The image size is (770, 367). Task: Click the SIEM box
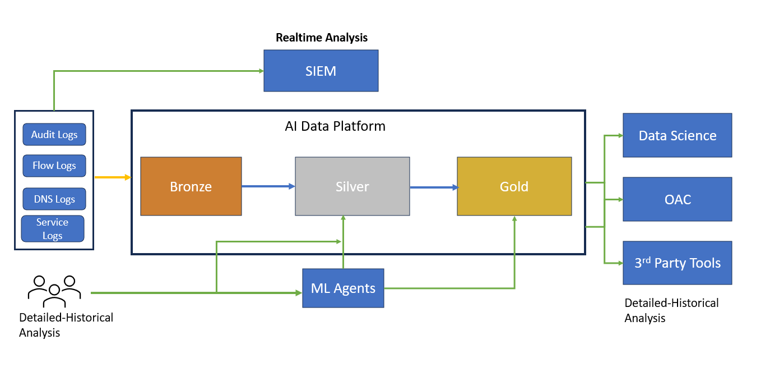tap(321, 71)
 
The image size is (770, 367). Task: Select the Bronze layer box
tap(191, 186)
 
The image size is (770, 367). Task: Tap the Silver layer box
tap(352, 186)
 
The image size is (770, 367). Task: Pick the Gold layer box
tap(514, 186)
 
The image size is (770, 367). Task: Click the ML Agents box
tap(343, 288)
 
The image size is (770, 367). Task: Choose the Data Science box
tap(677, 135)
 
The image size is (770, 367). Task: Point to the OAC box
tap(677, 199)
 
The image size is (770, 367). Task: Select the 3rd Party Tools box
tap(677, 263)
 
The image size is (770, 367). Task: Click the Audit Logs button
tap(54, 135)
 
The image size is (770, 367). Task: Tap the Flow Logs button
tap(54, 166)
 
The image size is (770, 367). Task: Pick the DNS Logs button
tap(54, 199)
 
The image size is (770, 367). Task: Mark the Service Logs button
tap(53, 229)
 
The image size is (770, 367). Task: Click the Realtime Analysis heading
tap(322, 38)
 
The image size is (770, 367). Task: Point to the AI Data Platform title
tap(335, 126)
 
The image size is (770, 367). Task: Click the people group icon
tap(54, 290)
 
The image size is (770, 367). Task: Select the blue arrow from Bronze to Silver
tap(268, 186)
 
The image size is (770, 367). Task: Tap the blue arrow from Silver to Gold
tap(433, 188)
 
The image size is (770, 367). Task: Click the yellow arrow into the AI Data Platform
tap(112, 177)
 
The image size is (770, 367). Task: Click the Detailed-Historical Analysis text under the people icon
tap(66, 325)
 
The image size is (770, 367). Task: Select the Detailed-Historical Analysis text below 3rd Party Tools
tap(671, 310)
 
